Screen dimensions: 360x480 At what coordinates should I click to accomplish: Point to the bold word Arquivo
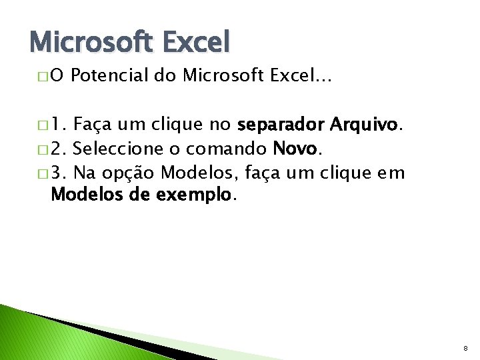coord(363,125)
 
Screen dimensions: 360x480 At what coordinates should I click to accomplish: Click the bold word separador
coord(280,125)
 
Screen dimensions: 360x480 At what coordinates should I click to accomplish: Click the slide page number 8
coord(465,347)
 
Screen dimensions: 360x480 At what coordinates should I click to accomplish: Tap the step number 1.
coord(59,125)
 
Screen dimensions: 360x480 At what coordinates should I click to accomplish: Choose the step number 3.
coord(59,173)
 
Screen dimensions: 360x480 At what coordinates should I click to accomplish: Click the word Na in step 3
coord(85,173)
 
